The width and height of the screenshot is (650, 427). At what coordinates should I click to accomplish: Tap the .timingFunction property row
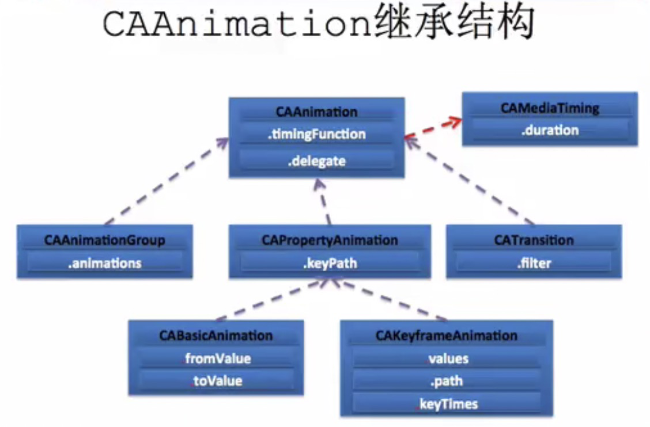tap(316, 135)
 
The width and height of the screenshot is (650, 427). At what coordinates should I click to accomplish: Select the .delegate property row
tap(316, 161)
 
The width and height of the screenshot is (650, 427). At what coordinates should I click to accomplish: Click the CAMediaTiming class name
tap(550, 108)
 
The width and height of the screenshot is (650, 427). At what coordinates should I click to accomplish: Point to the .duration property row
tap(550, 130)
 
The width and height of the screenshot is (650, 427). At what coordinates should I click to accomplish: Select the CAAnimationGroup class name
tap(104, 240)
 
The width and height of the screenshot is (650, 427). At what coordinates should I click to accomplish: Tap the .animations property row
tap(104, 263)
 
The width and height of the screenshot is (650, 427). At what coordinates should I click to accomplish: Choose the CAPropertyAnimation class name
tap(330, 240)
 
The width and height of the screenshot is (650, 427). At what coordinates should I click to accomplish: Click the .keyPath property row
tap(330, 264)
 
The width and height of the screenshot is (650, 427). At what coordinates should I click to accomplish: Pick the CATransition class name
tap(534, 240)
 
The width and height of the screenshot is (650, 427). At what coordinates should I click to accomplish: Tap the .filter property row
tap(534, 264)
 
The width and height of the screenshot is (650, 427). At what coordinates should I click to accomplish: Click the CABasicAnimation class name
tap(216, 335)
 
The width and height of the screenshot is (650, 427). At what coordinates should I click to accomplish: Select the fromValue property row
tap(218, 359)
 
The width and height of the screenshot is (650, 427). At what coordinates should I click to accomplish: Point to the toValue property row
tap(218, 380)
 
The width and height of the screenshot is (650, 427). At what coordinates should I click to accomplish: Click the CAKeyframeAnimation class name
tap(447, 335)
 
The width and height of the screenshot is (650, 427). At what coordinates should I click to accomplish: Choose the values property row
tap(448, 359)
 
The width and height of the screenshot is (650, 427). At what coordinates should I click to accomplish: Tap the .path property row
tap(447, 381)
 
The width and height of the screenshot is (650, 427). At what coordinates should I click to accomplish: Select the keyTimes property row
tap(448, 404)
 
